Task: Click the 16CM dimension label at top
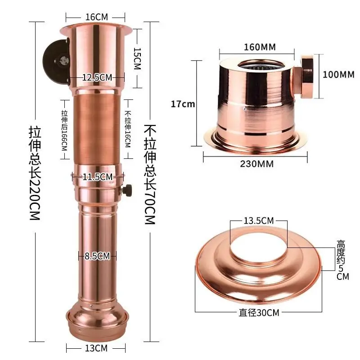point(97,17)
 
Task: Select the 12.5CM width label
point(97,77)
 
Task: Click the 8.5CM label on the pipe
point(97,256)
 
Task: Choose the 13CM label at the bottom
point(97,348)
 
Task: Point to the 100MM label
point(338,74)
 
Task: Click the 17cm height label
point(183,104)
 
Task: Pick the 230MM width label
point(256,164)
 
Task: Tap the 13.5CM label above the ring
point(259,221)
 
